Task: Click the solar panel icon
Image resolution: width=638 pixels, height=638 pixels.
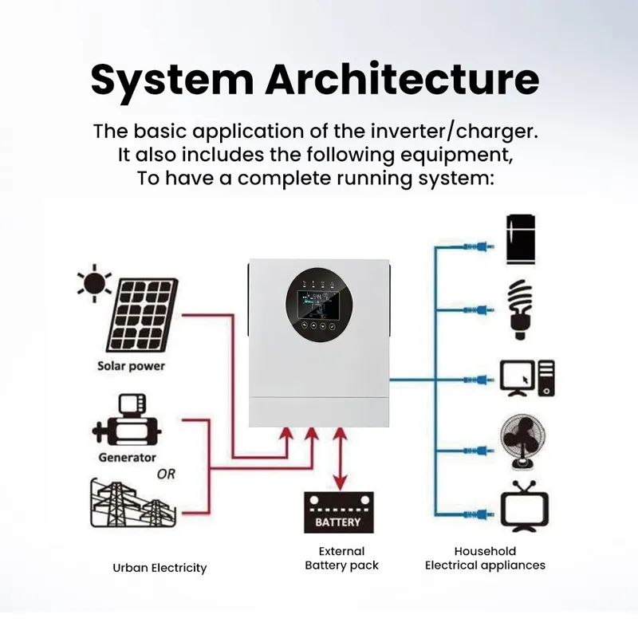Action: (x=142, y=314)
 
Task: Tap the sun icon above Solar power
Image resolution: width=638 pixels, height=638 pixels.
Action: (x=94, y=283)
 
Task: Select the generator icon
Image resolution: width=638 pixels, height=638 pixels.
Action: (x=127, y=420)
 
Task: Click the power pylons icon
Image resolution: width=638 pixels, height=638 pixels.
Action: (x=133, y=503)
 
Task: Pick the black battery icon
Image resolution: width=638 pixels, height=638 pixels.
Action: (x=338, y=512)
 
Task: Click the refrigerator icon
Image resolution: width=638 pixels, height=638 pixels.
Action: (x=521, y=239)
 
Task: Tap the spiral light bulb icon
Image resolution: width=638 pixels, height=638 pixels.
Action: (x=521, y=309)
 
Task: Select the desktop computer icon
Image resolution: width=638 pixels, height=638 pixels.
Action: (x=527, y=378)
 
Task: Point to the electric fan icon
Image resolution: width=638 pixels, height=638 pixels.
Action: (x=523, y=442)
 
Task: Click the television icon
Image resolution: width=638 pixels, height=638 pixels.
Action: (x=525, y=506)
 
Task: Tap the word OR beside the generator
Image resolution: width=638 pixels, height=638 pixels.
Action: (x=166, y=474)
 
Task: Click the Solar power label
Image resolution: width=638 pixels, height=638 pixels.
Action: (x=131, y=366)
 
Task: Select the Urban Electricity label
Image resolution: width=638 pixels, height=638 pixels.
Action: (x=159, y=568)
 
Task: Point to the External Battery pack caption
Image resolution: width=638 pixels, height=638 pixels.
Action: (x=341, y=558)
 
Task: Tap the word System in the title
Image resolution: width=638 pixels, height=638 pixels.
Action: (x=172, y=81)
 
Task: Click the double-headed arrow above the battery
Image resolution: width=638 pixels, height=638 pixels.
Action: (x=341, y=459)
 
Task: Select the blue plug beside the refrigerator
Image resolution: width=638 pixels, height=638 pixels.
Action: (x=479, y=246)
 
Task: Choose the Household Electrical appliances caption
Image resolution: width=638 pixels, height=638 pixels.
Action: (x=485, y=558)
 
